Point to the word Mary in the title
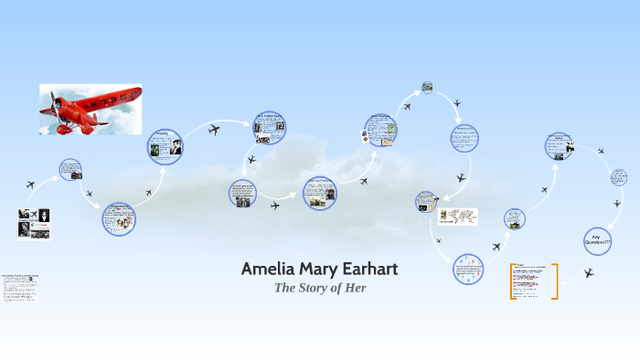[x=315, y=269]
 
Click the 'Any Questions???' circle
[x=597, y=240]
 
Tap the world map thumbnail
[x=459, y=217]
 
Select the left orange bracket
[x=512, y=281]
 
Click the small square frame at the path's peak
[x=427, y=88]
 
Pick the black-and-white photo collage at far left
[x=34, y=224]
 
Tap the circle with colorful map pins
[x=467, y=269]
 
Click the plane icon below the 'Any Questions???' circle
[x=589, y=272]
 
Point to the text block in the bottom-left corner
[x=20, y=287]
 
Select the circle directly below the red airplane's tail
[x=165, y=147]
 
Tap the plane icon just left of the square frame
[x=406, y=106]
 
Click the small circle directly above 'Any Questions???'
[x=619, y=177]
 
